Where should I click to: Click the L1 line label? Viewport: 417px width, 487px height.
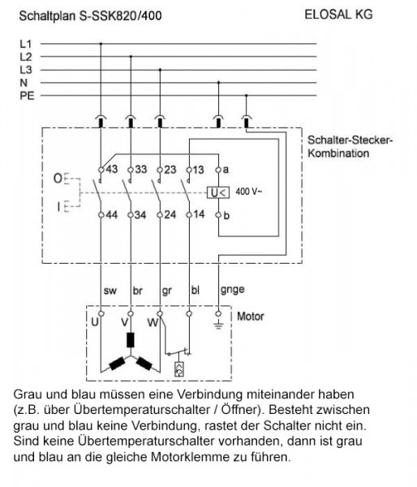coord(26,44)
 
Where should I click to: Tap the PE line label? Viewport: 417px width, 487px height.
coord(27,96)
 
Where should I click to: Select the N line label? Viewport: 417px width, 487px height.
coord(24,83)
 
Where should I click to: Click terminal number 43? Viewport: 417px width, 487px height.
coord(112,170)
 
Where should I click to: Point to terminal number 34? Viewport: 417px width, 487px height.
coord(140,214)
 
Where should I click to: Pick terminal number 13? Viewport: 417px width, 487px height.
coord(198,170)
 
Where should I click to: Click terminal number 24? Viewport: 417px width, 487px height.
coord(170,214)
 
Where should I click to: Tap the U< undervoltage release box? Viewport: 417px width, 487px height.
coord(218,193)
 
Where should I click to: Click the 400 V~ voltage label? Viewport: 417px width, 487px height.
coord(249,192)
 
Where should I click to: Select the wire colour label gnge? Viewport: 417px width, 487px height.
coord(232,290)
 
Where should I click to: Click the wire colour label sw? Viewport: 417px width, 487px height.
coord(110,291)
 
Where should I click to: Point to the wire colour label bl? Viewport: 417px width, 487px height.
coord(196,290)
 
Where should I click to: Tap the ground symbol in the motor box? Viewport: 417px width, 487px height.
coord(218,325)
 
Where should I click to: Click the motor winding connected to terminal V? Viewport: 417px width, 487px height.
coord(131,340)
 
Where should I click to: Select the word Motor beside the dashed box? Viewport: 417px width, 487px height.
coord(250,317)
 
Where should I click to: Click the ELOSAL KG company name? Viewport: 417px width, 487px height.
coord(338,15)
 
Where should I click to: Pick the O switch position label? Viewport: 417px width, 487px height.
coord(58,179)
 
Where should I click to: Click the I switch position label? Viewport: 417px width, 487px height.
coord(58,206)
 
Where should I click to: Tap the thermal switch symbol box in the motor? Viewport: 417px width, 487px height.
coord(179,369)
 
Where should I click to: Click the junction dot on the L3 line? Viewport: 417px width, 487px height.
coord(160,70)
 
